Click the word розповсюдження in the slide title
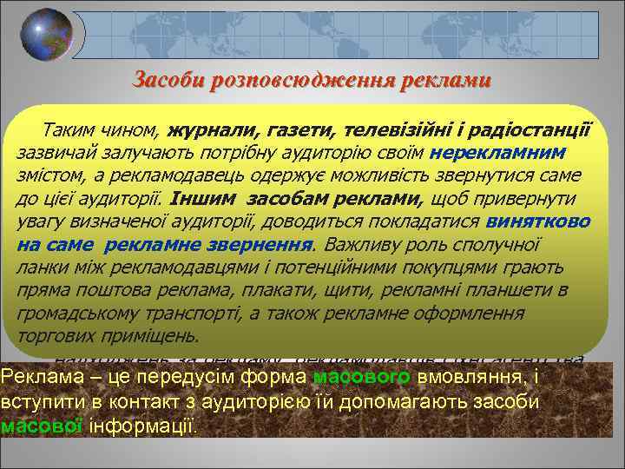click(x=279, y=81)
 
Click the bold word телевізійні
click(x=403, y=131)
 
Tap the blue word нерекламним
click(x=502, y=152)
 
